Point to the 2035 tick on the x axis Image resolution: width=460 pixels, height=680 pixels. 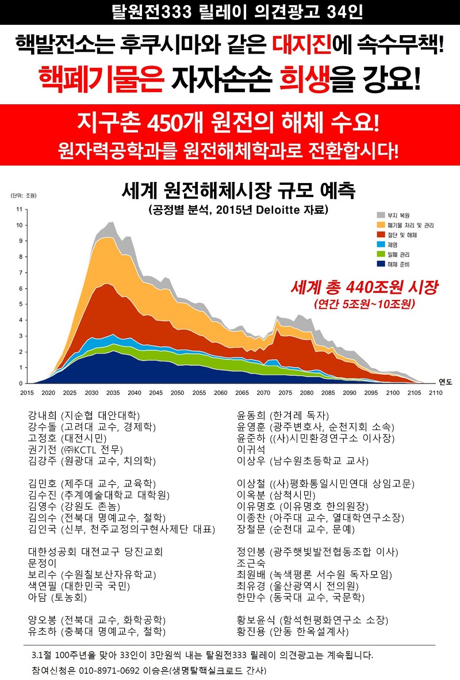(113, 392)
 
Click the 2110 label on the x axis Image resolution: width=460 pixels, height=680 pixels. (435, 392)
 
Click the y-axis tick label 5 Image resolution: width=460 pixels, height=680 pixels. (21, 304)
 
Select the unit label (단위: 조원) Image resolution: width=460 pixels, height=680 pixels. (22, 196)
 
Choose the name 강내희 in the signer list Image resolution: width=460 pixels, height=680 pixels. (41, 415)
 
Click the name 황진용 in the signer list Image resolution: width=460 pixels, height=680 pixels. (251, 632)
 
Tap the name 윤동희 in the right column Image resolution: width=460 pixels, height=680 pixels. (251, 415)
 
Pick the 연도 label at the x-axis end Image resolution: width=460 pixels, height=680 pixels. (445, 381)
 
